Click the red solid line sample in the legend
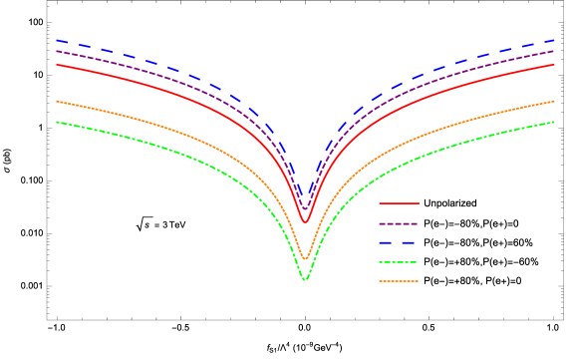399,203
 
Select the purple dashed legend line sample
399,223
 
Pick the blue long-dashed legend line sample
399,242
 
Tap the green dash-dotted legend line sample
399,262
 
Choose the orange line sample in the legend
399,281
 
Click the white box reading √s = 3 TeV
161,224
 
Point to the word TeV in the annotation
176,224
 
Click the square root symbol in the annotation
142,224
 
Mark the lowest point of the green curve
305,280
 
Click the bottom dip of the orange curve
305,259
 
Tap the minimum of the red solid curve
305,221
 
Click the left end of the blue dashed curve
57,41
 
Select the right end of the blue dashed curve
554,41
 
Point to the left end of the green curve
57,122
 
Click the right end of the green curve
554,122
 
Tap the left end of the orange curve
57,101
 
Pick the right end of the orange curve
554,101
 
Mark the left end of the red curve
57,64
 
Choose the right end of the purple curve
554,51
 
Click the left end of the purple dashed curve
57,51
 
